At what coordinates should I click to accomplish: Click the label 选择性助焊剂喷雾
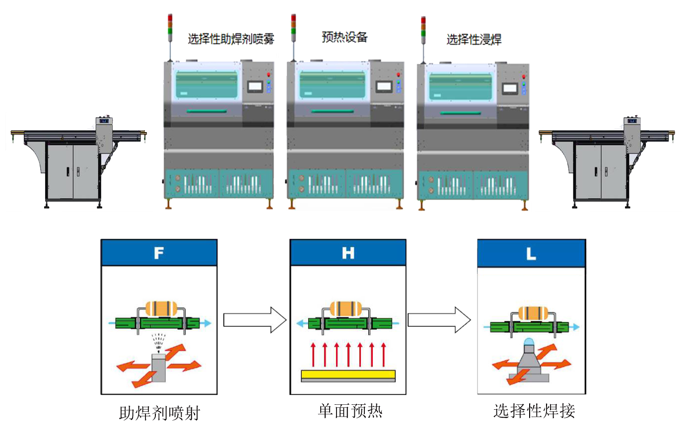[x=230, y=39]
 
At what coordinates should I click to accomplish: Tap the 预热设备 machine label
[x=344, y=37]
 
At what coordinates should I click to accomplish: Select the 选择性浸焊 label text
[x=474, y=39]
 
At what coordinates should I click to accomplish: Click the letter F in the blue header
[x=159, y=253]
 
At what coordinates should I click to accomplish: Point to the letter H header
[x=348, y=253]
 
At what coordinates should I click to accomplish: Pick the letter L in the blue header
[x=531, y=254]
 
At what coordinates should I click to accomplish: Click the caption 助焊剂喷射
[x=159, y=413]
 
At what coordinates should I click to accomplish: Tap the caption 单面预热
[x=350, y=411]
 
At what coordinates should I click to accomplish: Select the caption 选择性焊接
[x=534, y=411]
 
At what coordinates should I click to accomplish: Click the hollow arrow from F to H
[x=255, y=320]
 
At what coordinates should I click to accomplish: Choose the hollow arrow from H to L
[x=439, y=320]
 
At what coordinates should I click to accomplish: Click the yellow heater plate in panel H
[x=348, y=374]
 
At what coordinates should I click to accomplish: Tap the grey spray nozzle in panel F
[x=159, y=368]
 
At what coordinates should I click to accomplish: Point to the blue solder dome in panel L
[x=529, y=342]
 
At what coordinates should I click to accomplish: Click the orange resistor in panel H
[x=346, y=308]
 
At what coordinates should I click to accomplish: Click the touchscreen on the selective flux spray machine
[x=255, y=86]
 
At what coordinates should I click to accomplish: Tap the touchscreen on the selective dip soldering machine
[x=509, y=89]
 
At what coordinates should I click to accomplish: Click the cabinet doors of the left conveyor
[x=73, y=171]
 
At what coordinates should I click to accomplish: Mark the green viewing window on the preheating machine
[x=332, y=84]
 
